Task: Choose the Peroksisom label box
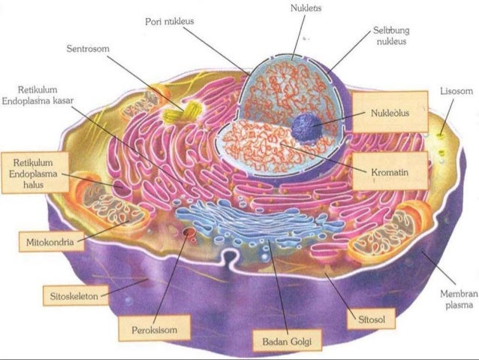pyautogui.click(x=153, y=328)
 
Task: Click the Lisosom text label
pyautogui.click(x=456, y=91)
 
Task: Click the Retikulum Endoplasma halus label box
pyautogui.click(x=36, y=174)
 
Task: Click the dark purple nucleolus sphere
pyautogui.click(x=305, y=126)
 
